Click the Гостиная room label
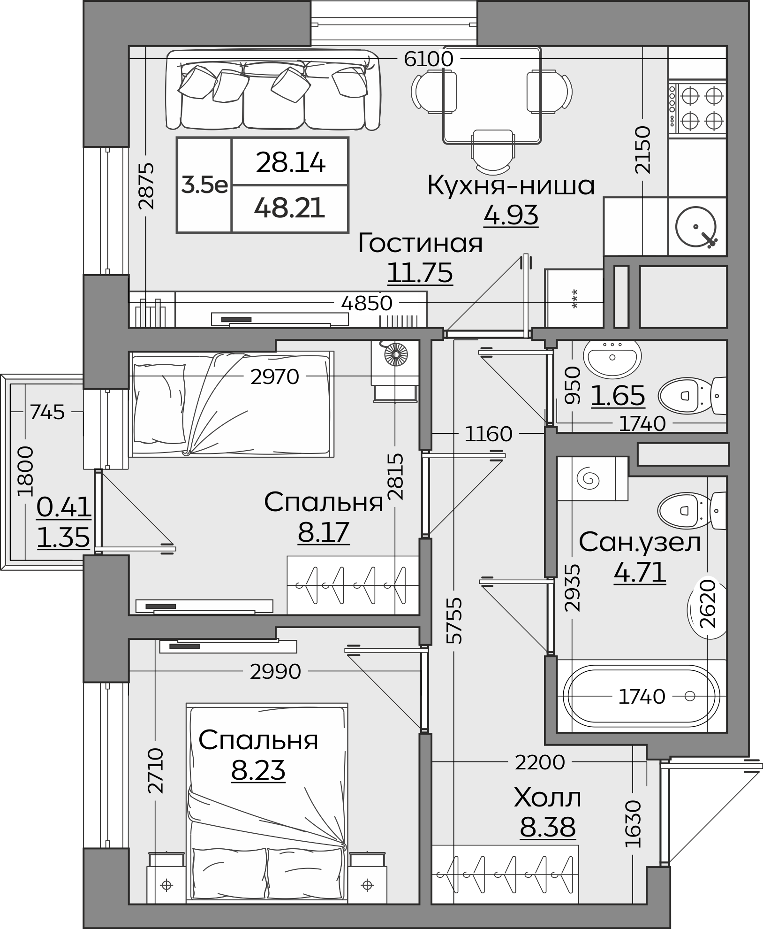click(x=420, y=243)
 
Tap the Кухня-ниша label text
click(x=511, y=185)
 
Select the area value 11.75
click(x=420, y=273)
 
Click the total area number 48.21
click(x=289, y=208)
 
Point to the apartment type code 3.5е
click(x=204, y=185)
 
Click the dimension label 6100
click(x=429, y=59)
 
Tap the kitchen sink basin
click(x=695, y=227)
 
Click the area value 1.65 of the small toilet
click(x=618, y=395)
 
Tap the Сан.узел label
click(x=640, y=542)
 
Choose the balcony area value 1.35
click(x=63, y=537)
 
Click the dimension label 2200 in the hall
click(x=540, y=762)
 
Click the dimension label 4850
click(x=367, y=303)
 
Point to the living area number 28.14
click(x=290, y=163)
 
